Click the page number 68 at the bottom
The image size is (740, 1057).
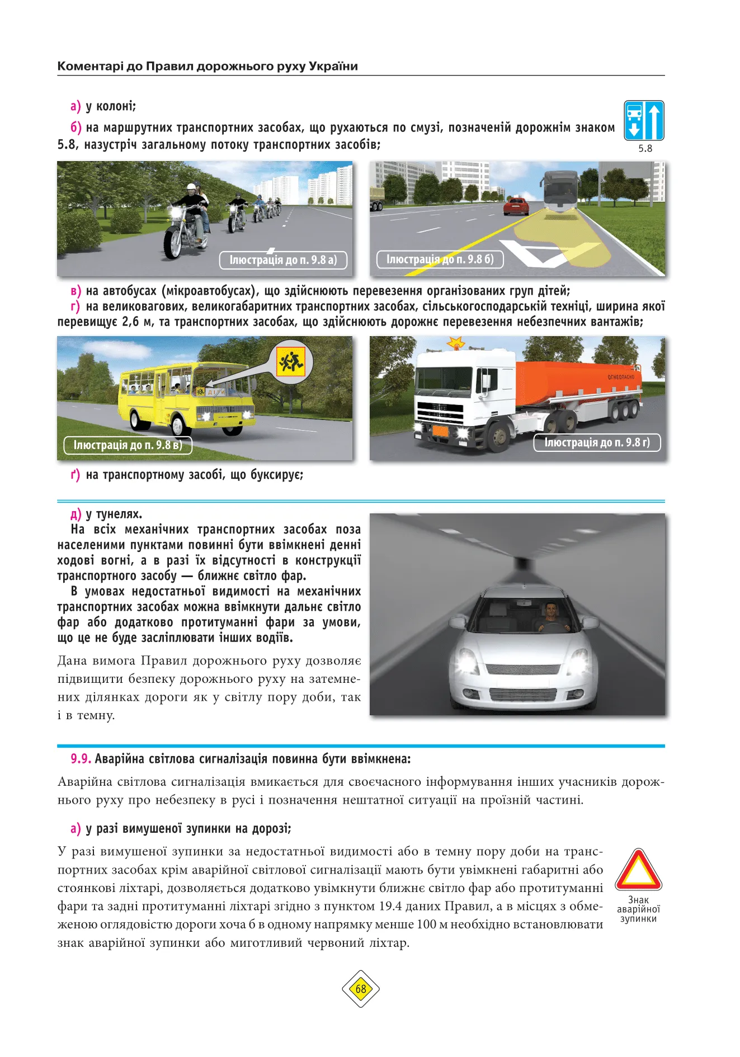point(361,989)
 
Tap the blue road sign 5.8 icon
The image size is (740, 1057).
point(644,120)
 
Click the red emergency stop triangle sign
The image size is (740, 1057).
point(638,871)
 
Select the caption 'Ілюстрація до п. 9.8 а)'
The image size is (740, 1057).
point(283,260)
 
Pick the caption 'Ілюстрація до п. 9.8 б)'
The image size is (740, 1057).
point(440,259)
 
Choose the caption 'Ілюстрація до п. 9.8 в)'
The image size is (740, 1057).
point(128,445)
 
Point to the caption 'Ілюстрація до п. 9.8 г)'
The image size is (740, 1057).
point(597,442)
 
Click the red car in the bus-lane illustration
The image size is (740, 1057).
point(516,206)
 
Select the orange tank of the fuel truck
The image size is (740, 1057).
point(576,382)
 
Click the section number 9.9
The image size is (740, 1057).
point(81,759)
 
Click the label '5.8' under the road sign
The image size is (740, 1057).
point(645,148)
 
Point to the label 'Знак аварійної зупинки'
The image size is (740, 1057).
point(638,909)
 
